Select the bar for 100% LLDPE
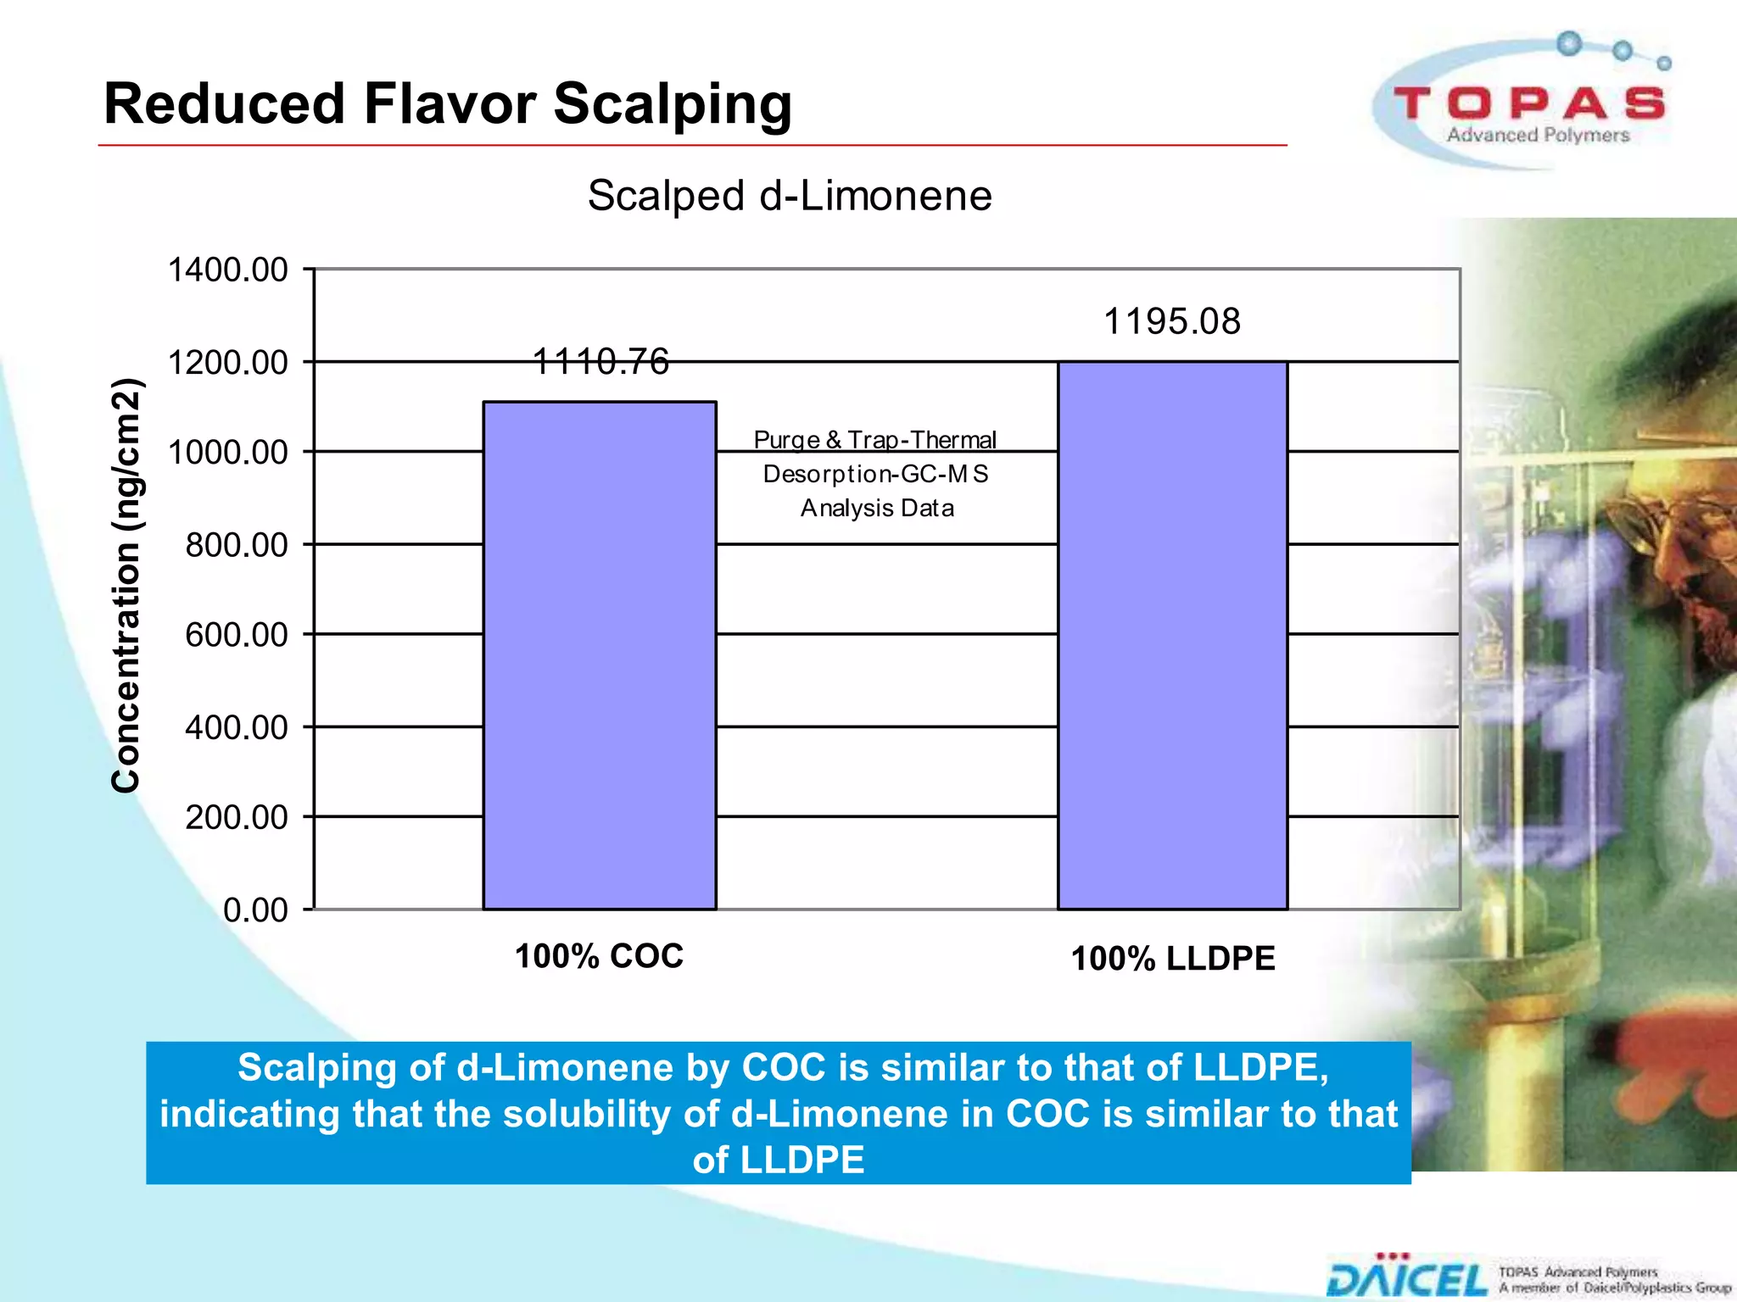(1172, 636)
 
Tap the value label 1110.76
(600, 362)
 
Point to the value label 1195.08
(1171, 322)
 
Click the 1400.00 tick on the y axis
(228, 270)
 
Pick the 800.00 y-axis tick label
(237, 545)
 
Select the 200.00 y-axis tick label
(237, 817)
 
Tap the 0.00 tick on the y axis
(255, 910)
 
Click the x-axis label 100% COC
(599, 956)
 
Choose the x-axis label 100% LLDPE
(1173, 959)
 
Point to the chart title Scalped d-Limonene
(790, 196)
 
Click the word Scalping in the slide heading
(673, 104)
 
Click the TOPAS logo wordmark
(1529, 103)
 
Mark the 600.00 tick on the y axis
(237, 635)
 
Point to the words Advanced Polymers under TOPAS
(1538, 136)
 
